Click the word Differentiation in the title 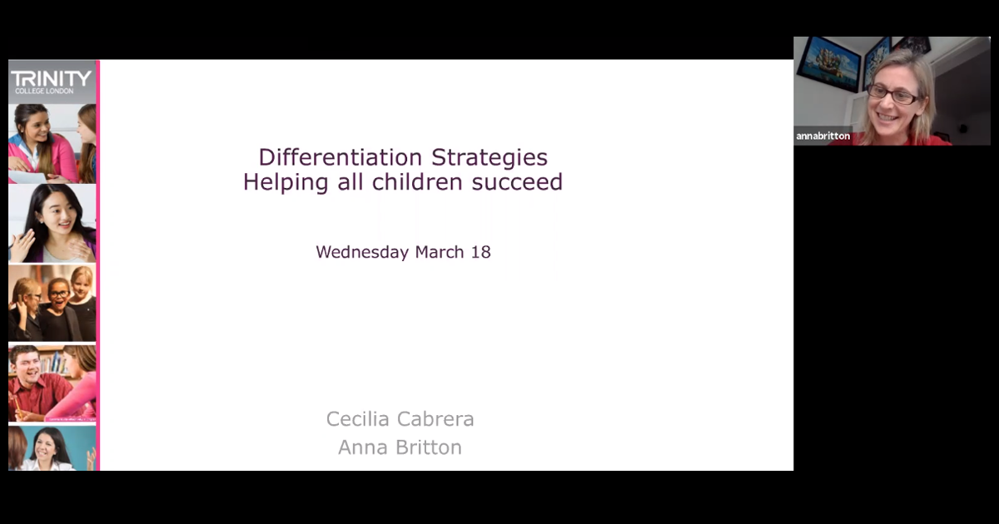340,157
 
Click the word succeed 517,182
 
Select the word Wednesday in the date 362,252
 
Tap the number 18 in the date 481,252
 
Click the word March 440,252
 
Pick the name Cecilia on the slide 358,419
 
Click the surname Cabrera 435,419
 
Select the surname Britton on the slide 429,447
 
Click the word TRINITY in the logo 51,79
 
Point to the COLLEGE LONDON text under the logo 44,91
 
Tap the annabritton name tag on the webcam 823,136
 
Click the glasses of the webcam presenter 892,94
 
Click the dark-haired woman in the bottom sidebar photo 52,449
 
